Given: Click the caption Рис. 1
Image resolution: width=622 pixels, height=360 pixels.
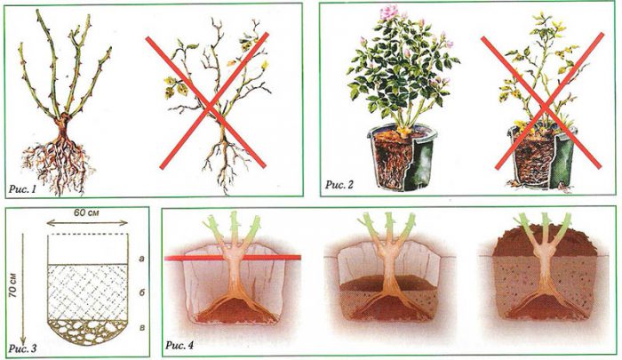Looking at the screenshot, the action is (22, 189).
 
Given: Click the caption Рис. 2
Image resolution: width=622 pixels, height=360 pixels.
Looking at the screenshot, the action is (339, 184).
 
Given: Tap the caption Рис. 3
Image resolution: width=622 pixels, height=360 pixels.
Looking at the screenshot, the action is (22, 348).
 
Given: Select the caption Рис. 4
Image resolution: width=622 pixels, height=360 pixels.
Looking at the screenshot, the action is (179, 345).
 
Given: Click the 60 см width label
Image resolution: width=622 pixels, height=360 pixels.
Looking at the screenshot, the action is (86, 212).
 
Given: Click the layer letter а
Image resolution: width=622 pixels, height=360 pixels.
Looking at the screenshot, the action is (141, 259).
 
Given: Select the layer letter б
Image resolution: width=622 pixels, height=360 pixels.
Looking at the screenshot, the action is (141, 292).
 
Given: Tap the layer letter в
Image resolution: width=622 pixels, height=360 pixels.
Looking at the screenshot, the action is (141, 328).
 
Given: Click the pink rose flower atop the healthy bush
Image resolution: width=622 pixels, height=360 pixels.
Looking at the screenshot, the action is (389, 12).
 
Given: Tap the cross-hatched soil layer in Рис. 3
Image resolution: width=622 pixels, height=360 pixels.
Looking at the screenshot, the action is (88, 292).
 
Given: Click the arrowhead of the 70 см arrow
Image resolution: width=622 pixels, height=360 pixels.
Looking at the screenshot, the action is (23, 340).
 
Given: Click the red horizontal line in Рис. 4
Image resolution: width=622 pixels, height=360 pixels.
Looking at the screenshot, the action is (233, 258).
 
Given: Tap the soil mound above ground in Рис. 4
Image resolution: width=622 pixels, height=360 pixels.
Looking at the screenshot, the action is (545, 241).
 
